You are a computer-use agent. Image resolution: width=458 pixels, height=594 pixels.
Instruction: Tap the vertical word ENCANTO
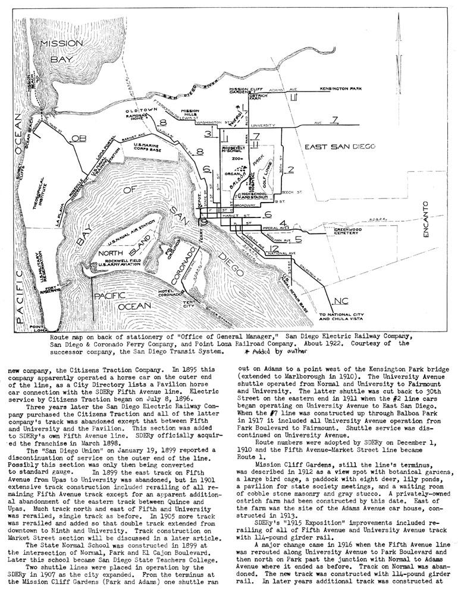[425, 220]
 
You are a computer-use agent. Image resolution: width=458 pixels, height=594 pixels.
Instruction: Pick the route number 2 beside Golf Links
[290, 170]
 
